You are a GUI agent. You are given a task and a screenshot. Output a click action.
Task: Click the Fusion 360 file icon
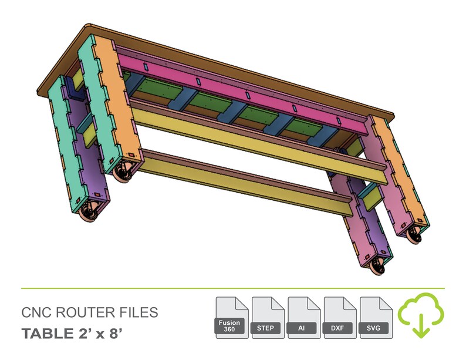click(231, 318)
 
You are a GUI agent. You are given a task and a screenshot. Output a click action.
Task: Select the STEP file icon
click(268, 318)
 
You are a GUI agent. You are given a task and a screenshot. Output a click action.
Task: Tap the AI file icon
click(303, 318)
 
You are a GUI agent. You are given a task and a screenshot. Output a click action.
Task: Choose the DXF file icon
click(340, 318)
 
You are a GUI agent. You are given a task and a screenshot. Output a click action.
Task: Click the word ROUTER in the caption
click(80, 312)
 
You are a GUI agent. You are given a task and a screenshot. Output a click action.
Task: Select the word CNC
click(35, 312)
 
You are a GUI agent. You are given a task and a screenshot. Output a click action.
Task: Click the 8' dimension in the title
click(116, 334)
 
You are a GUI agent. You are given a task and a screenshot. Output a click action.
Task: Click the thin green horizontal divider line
click(232, 289)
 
